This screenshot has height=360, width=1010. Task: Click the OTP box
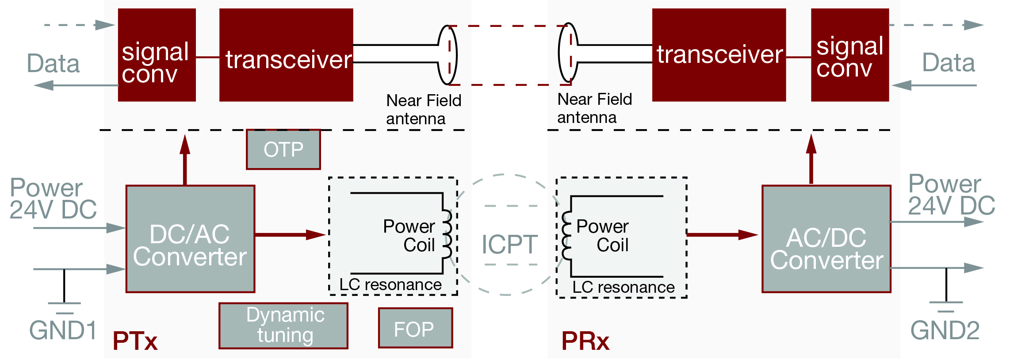pyautogui.click(x=283, y=149)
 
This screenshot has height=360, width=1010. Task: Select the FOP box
pyautogui.click(x=415, y=328)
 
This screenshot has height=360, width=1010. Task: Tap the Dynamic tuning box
pyautogui.click(x=283, y=326)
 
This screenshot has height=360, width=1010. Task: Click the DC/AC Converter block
pyautogui.click(x=190, y=239)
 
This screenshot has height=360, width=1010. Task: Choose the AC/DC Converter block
pyautogui.click(x=826, y=239)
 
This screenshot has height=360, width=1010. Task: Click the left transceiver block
pyautogui.click(x=286, y=55)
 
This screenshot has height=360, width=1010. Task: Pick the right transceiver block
pyautogui.click(x=719, y=55)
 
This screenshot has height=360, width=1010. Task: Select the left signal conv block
pyautogui.click(x=157, y=55)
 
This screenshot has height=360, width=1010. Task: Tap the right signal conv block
pyautogui.click(x=849, y=55)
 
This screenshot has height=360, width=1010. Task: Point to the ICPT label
pyautogui.click(x=509, y=244)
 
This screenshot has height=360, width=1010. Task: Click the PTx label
pyautogui.click(x=135, y=341)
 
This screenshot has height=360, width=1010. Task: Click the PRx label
pyautogui.click(x=585, y=341)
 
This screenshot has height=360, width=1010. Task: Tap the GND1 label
pyautogui.click(x=63, y=330)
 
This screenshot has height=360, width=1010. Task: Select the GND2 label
pyautogui.click(x=945, y=330)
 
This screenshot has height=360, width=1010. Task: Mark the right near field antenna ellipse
pyautogui.click(x=568, y=52)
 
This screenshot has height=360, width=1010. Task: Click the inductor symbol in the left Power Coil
pyautogui.click(x=447, y=234)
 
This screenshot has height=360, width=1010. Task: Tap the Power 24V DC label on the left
pyautogui.click(x=53, y=199)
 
